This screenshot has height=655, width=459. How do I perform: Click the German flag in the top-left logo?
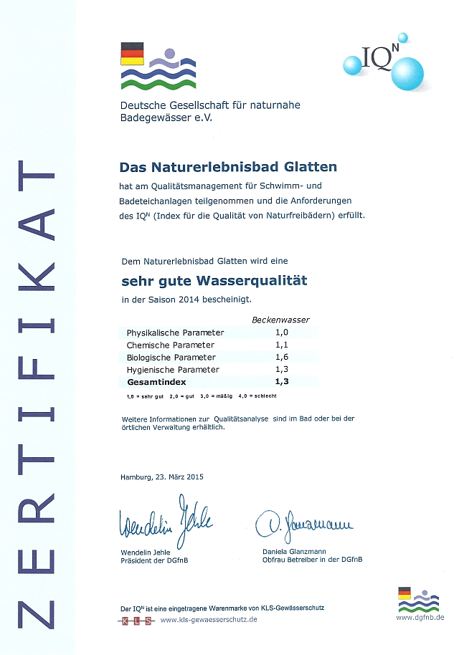pos(132,54)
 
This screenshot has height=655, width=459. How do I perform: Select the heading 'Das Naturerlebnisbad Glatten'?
pos(227,167)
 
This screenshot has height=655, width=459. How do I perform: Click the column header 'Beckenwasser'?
pos(280,320)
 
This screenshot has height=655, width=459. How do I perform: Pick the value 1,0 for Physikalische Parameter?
pos(281,333)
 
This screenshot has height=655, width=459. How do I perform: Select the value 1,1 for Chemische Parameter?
pos(281,345)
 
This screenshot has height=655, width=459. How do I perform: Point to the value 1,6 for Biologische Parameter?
pos(281,357)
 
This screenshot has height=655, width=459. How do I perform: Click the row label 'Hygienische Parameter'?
pos(173,369)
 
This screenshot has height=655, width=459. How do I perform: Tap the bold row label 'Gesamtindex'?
pos(156,382)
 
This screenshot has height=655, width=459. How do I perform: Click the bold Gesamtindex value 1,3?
pos(281,382)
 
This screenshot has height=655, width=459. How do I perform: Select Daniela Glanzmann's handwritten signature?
pos(303,527)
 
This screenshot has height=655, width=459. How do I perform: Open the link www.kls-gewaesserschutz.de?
pos(208,619)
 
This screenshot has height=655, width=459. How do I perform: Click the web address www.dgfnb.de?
pos(420,617)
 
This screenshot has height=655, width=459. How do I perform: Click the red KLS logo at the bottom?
pos(136,620)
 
